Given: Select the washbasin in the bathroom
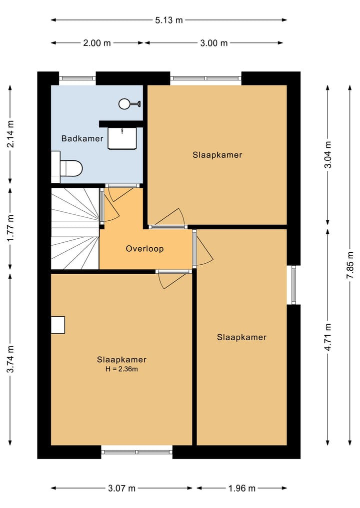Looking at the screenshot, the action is tap(122, 138).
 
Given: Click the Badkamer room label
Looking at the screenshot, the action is tap(82, 139).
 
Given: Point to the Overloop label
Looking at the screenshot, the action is tap(144, 249).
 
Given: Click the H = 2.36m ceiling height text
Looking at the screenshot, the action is tap(121, 369).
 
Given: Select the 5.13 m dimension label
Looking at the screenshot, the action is tap(168, 20).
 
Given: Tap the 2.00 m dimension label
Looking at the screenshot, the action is tap(97, 43).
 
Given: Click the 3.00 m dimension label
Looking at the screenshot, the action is tap(213, 43).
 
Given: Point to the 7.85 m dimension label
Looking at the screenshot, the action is tap(350, 265).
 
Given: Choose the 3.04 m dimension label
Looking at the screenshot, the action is tap(328, 154).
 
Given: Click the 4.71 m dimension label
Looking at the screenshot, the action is tap(328, 337).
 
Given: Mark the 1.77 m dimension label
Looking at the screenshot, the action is tap(10, 228).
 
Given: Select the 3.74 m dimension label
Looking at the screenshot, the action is tap(10, 359).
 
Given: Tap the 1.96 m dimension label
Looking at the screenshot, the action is tap(242, 488).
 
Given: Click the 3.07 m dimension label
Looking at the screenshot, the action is tap(121, 488).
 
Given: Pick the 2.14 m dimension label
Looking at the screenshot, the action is tap(10, 134).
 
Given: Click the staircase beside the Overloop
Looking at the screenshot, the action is tap(75, 228).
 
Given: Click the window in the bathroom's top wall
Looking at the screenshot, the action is tap(77, 78).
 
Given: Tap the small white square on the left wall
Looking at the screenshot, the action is tap(58, 325).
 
